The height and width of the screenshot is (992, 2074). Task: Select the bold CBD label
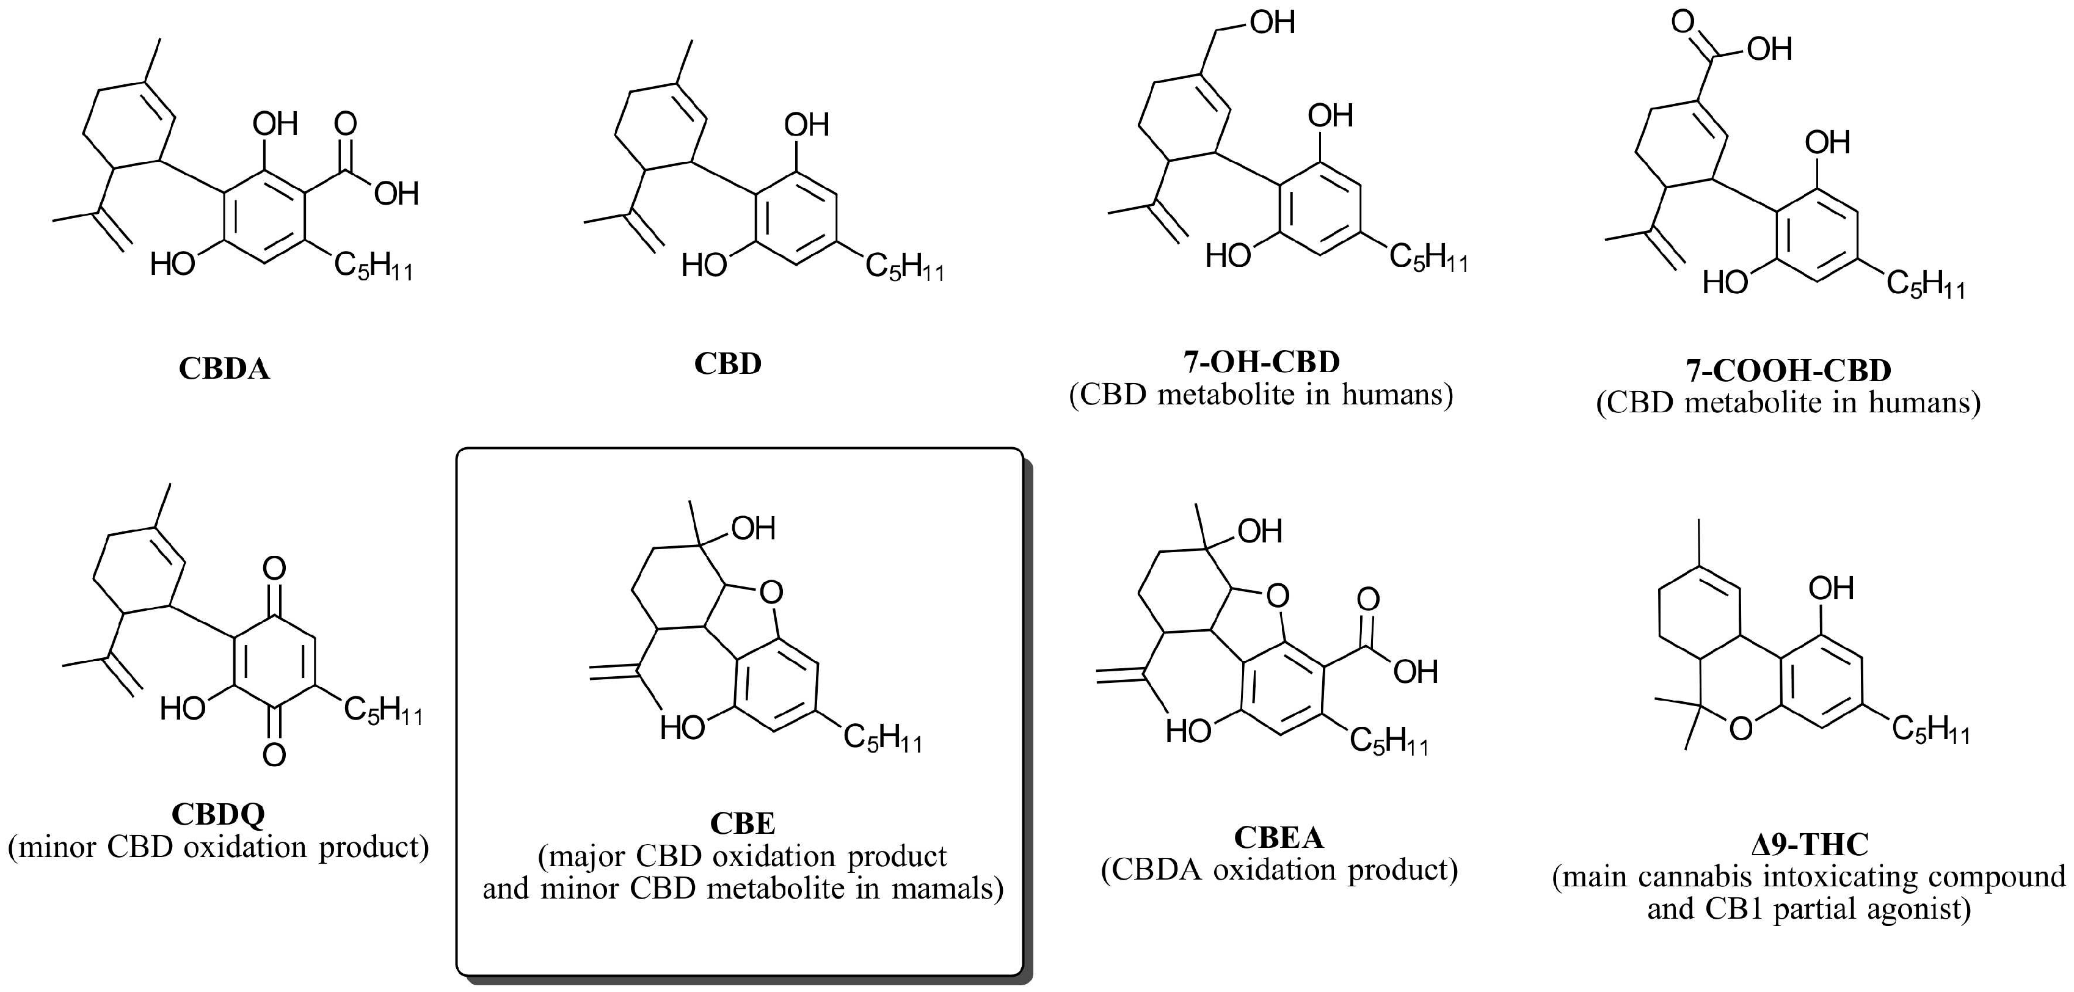[727, 364]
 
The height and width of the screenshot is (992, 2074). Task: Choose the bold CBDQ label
[217, 814]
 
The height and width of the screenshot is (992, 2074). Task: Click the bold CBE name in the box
[742, 823]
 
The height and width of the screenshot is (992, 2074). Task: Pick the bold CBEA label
[1278, 837]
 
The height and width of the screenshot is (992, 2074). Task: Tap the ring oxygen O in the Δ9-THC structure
[1740, 729]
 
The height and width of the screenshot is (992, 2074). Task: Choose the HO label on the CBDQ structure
[182, 709]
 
